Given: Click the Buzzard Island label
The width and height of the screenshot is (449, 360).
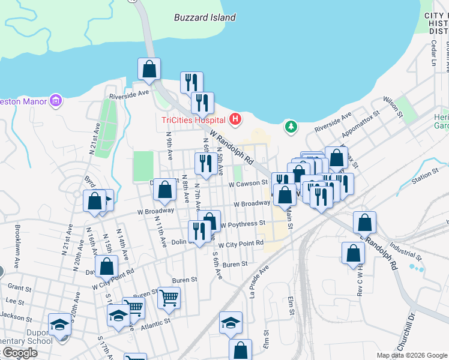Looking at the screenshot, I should click(x=205, y=17).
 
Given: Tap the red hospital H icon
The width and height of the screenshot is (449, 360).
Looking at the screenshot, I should click(x=235, y=119).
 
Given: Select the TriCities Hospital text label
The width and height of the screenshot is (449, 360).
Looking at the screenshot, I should click(x=194, y=120).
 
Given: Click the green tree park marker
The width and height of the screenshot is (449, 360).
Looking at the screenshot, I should click(x=291, y=127).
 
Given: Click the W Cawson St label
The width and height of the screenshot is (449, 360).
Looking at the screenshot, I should click(x=247, y=183).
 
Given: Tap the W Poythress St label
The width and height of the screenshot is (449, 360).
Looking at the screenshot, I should click(x=243, y=224).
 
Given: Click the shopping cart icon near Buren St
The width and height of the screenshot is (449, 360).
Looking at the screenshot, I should click(x=169, y=296).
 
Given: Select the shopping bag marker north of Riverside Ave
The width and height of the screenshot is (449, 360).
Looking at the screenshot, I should click(x=149, y=69).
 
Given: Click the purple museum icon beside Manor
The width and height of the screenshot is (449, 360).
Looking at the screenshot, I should click(x=56, y=100).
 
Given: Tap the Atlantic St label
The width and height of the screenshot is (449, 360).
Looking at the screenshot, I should click(x=156, y=321).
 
